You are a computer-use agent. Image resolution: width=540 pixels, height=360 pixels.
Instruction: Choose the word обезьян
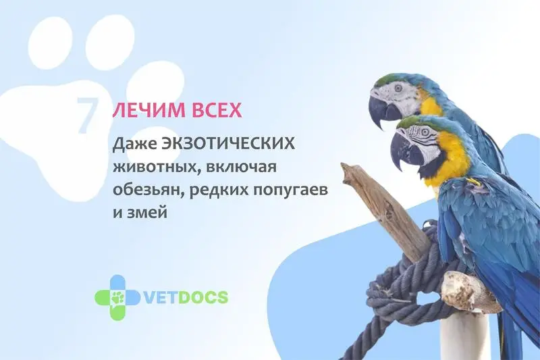(x=148, y=190)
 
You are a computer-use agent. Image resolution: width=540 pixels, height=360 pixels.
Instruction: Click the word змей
(x=147, y=212)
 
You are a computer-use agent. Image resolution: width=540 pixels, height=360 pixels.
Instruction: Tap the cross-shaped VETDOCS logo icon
(x=117, y=298)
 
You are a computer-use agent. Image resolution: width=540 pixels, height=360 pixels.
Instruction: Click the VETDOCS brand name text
(x=185, y=297)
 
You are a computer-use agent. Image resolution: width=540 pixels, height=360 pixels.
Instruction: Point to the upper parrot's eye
(x=398, y=88)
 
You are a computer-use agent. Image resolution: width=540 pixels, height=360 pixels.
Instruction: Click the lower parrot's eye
(x=425, y=131)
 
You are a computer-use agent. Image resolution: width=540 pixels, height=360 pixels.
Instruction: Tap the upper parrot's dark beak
(x=381, y=109)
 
